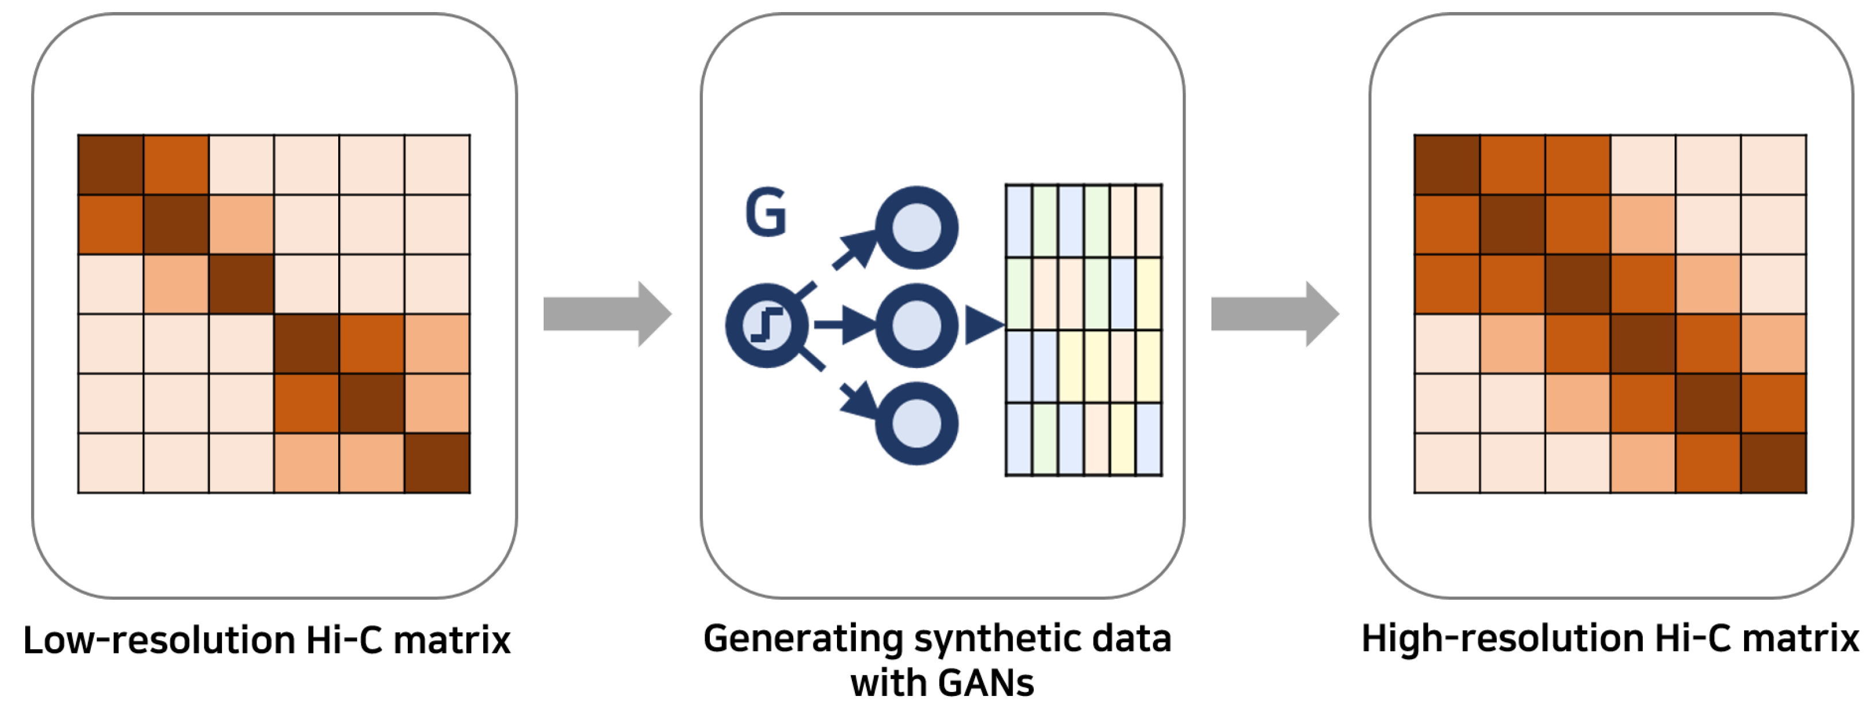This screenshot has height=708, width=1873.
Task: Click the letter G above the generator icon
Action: point(766,213)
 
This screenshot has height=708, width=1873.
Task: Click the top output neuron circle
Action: point(916,228)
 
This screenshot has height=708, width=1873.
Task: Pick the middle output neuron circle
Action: point(916,326)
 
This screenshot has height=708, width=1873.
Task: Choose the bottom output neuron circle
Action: point(916,424)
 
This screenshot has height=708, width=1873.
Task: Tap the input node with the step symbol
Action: point(766,326)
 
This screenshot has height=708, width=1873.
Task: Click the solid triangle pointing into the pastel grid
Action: point(983,325)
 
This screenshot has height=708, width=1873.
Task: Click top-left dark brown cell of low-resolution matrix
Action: point(110,165)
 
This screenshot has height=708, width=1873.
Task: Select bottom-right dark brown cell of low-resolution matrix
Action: point(437,463)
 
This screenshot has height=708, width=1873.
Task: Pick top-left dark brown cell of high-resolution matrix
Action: point(1447,165)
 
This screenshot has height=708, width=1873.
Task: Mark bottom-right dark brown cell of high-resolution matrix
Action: point(1773,463)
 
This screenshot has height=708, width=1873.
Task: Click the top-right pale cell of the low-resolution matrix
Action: point(437,165)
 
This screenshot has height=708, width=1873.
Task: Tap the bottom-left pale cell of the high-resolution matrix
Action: point(1447,463)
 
